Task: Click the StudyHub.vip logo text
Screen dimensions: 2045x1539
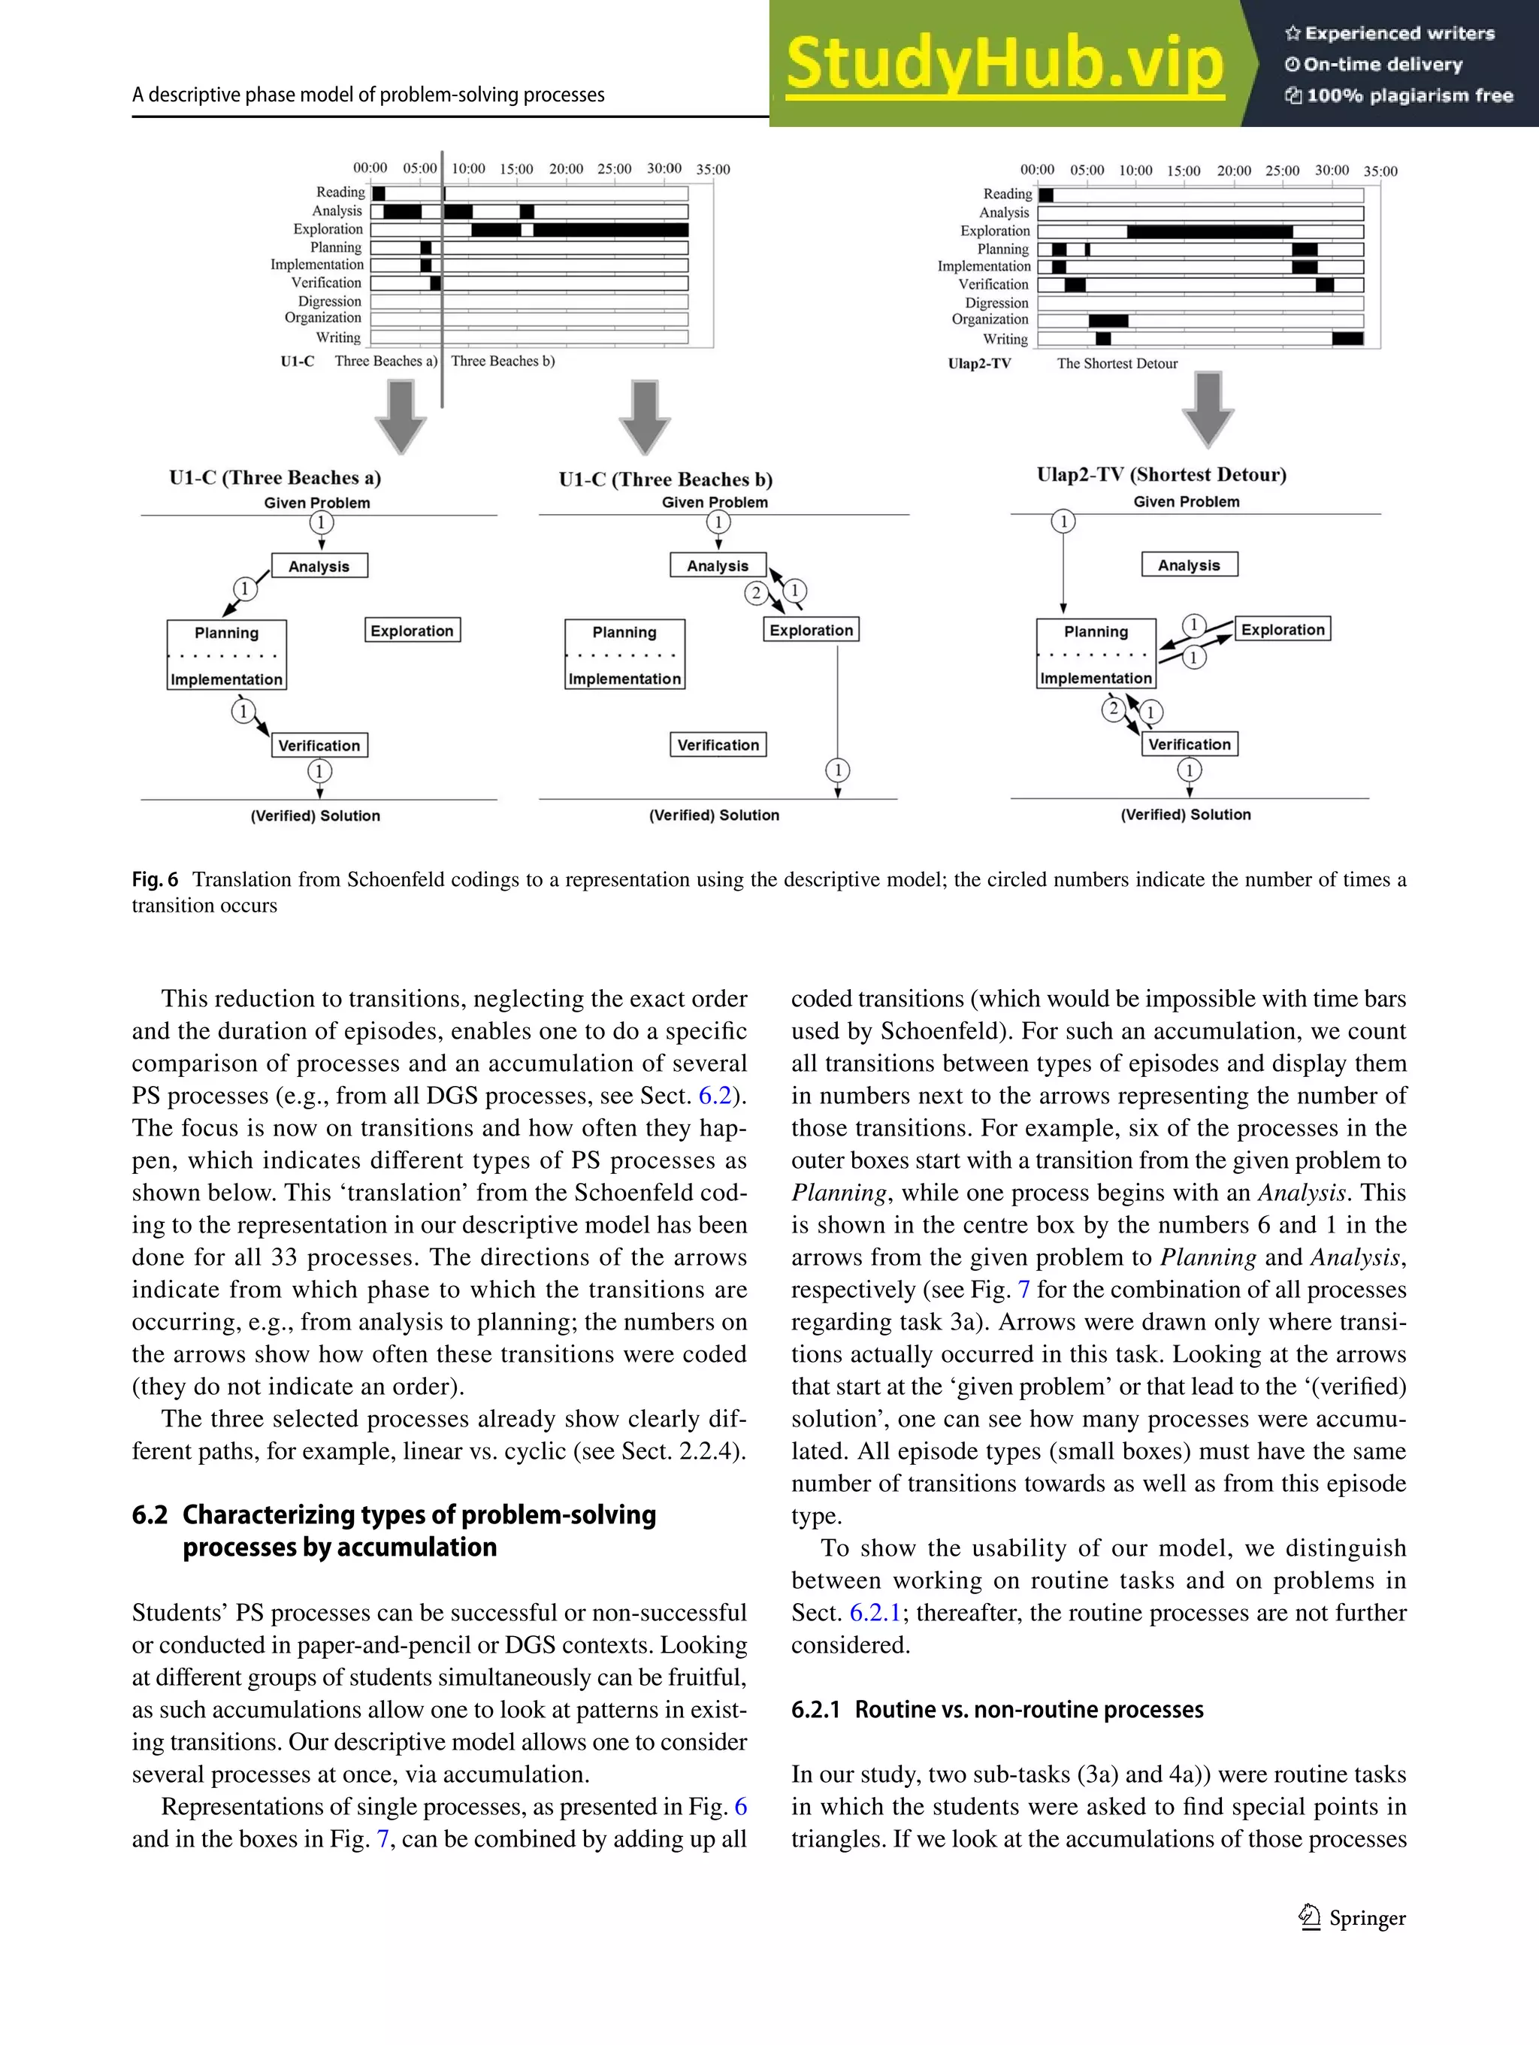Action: coord(1005,63)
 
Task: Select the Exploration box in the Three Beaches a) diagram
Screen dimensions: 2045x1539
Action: coord(413,631)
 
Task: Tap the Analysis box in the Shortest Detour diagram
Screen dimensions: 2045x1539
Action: coord(1189,565)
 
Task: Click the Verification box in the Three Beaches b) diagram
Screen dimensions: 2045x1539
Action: coord(718,745)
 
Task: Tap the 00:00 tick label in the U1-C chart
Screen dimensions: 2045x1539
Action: coord(370,168)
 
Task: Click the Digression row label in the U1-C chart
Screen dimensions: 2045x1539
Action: coord(329,301)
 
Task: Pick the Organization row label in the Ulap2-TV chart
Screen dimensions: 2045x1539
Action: coord(990,320)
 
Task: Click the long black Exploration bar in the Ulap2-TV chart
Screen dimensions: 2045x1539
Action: coord(1209,231)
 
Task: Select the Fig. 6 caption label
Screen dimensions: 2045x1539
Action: coord(154,879)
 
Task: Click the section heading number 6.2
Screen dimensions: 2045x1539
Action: coord(150,1515)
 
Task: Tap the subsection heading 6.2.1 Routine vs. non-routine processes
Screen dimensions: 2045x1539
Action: coord(996,1709)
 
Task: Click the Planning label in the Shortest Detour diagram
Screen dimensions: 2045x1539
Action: coord(1096,632)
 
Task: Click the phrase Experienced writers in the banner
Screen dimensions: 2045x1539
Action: coord(1398,33)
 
